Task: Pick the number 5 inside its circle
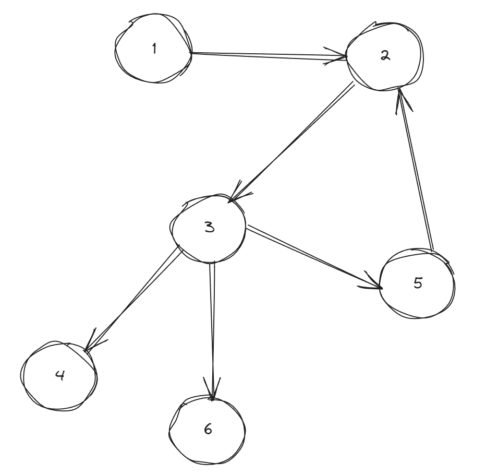(x=418, y=283)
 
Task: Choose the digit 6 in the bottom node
(x=208, y=430)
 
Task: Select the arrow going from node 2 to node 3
(x=292, y=141)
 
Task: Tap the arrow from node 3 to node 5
(x=313, y=257)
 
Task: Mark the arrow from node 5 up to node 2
(x=415, y=167)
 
